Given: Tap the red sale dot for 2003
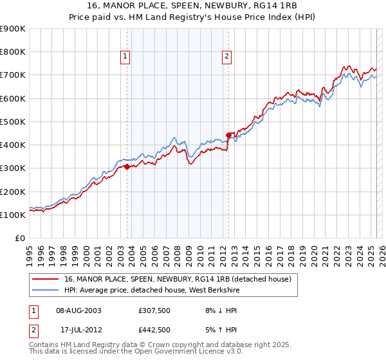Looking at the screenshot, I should coord(127,166).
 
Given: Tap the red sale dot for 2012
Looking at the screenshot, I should coord(228,135).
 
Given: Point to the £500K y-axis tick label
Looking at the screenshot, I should coord(13,122).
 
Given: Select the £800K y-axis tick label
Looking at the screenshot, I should coord(13,52).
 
